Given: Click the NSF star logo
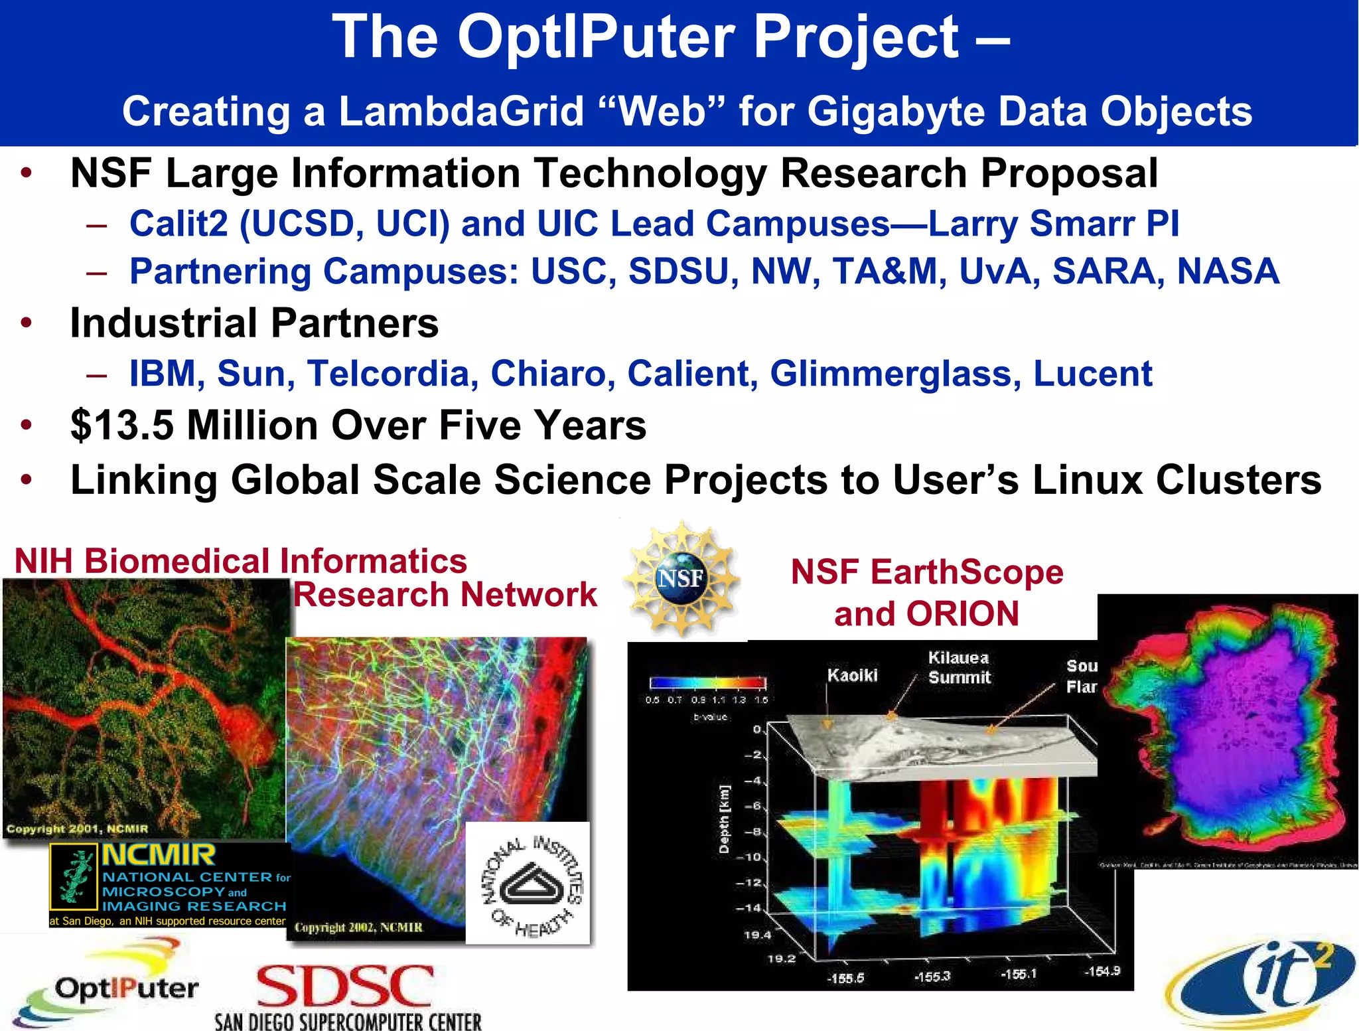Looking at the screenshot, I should (x=681, y=578).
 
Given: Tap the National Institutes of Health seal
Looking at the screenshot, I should (x=528, y=884).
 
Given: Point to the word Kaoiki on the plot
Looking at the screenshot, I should (x=852, y=675).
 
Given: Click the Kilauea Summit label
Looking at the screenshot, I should (x=959, y=667).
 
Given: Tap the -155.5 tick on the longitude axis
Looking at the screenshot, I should (x=845, y=978).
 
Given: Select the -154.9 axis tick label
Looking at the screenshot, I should (x=1102, y=971).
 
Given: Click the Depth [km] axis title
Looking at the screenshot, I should (x=724, y=819).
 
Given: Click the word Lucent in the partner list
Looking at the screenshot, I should (x=1092, y=374).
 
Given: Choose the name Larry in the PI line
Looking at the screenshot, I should (x=972, y=224).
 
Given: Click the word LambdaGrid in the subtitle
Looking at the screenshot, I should (x=461, y=111).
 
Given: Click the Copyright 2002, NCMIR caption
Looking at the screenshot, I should (x=358, y=927).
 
